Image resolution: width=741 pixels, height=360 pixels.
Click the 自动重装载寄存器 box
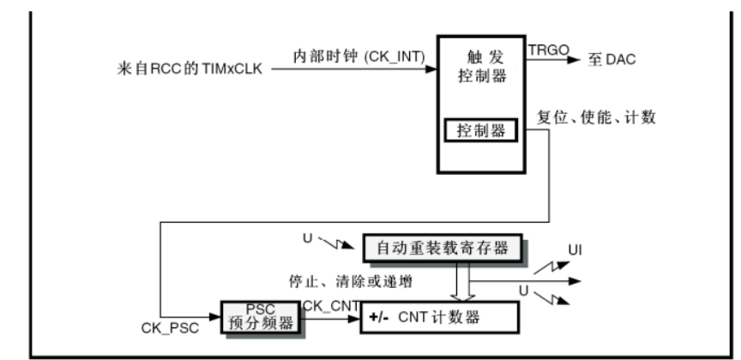point(442,248)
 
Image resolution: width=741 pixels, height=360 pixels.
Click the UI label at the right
point(581,251)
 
